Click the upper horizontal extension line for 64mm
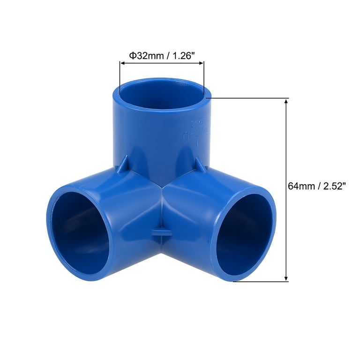tap(248, 98)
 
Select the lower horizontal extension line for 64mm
tap(261, 282)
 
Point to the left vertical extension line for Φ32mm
tap(120, 77)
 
